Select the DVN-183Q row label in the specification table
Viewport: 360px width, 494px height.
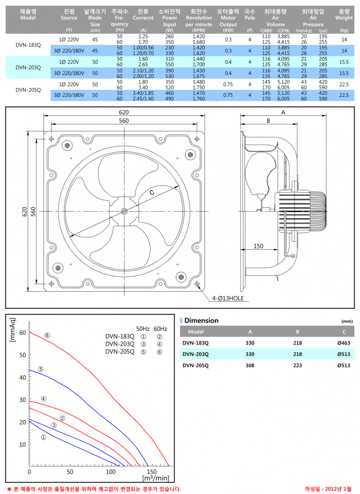pos(28,45)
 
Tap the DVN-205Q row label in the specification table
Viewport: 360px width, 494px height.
pos(28,90)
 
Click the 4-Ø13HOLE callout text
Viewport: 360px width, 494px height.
pos(228,298)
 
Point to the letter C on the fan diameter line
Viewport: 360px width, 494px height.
pos(152,192)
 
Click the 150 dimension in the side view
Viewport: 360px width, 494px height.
pos(258,246)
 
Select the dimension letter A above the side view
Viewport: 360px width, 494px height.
pos(283,112)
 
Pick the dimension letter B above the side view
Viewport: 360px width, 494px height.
pos(268,121)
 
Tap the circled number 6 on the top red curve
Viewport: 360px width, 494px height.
pos(47,335)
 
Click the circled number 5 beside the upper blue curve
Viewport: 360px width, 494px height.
pos(40,369)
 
